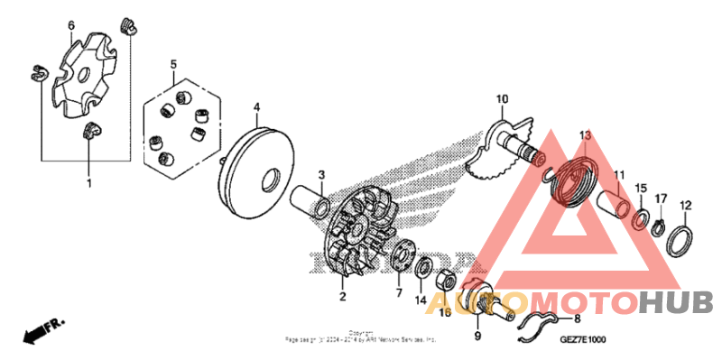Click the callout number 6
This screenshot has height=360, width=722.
click(71, 25)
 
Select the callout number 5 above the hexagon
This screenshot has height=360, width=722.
click(174, 64)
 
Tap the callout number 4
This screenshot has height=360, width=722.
click(256, 106)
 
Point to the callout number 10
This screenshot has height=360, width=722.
click(503, 98)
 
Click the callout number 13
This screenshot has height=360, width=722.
click(584, 135)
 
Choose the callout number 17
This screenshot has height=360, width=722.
click(661, 198)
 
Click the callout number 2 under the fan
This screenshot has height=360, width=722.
click(342, 296)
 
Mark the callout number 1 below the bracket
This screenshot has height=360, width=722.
click(88, 184)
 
